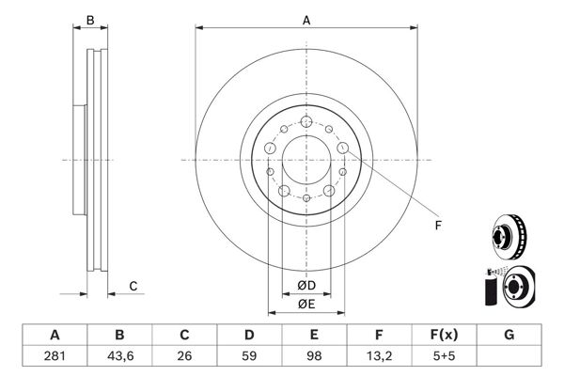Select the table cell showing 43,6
(x=119, y=357)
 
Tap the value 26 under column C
(x=184, y=357)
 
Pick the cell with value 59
(x=249, y=357)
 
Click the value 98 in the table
(x=314, y=357)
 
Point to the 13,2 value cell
(x=379, y=357)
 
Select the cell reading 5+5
(x=444, y=357)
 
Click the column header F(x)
(x=444, y=335)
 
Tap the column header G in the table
(x=509, y=335)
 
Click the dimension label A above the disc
(x=306, y=19)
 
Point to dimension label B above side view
(x=90, y=19)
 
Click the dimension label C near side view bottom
(x=133, y=286)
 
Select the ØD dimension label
(x=306, y=286)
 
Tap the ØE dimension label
(x=306, y=304)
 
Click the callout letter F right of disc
(x=437, y=226)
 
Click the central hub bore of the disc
(x=306, y=159)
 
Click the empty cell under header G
(x=509, y=357)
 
